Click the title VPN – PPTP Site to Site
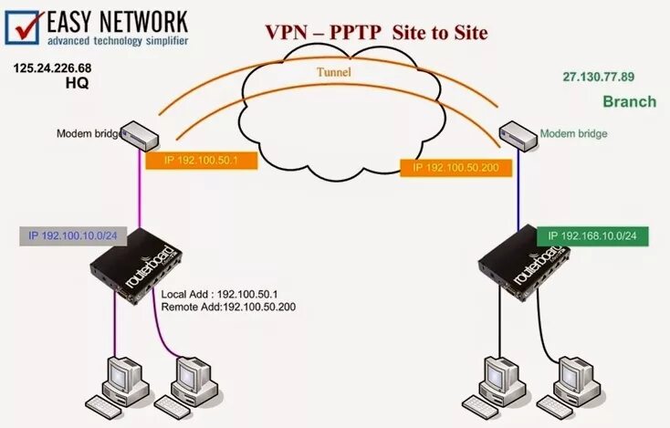coord(376,32)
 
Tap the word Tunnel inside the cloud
coord(333,71)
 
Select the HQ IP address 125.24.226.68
coord(52,68)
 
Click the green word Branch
coord(629,101)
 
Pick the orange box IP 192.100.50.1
coord(201,160)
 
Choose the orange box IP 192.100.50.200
coord(451,167)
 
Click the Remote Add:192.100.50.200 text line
coord(227,308)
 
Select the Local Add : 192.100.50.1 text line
coord(222,295)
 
